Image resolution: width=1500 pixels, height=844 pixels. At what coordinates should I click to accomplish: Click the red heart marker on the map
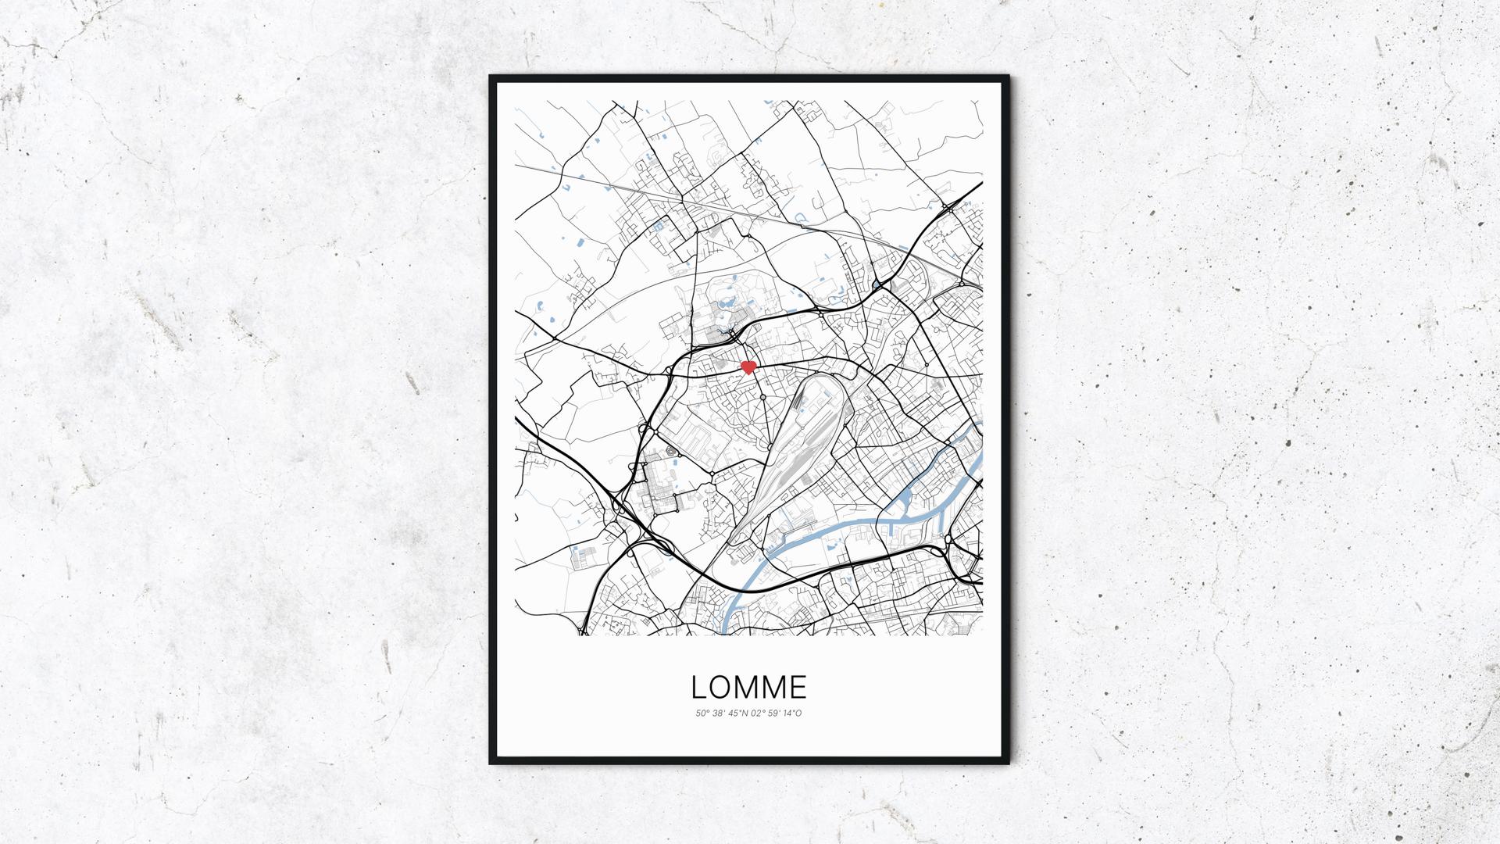click(748, 367)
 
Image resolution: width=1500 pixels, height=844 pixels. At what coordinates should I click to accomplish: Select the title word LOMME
click(748, 687)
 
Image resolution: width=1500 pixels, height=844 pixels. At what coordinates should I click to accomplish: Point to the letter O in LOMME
click(720, 687)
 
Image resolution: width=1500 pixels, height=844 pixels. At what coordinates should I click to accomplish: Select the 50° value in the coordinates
click(702, 713)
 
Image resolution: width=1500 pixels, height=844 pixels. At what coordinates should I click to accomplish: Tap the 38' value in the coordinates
click(717, 713)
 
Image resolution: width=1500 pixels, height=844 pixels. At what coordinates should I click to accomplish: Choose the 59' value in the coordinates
click(773, 713)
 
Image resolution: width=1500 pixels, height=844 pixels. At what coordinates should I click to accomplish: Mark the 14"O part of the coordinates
click(792, 713)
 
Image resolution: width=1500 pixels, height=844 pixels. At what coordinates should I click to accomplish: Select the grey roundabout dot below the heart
click(762, 397)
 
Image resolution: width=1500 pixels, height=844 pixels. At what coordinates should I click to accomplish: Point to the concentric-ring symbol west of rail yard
click(670, 451)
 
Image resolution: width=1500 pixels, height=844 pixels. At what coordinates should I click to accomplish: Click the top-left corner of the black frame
click(491, 77)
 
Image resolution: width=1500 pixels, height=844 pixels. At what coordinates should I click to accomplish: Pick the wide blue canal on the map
click(820, 539)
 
